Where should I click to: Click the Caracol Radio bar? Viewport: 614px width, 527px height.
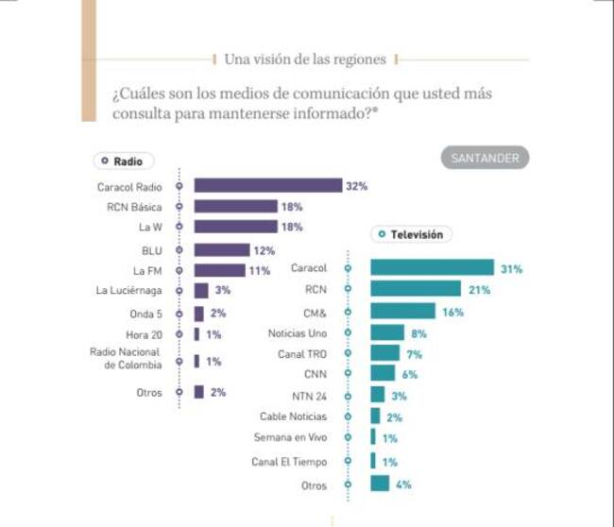tap(267, 186)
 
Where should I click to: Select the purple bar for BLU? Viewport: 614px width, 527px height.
tap(220, 250)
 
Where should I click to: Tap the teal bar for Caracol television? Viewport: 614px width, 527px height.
tap(432, 268)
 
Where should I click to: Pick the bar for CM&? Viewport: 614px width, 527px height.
tap(402, 311)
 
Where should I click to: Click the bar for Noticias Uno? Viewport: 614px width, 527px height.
tap(387, 332)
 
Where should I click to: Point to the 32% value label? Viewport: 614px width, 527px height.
tap(356, 186)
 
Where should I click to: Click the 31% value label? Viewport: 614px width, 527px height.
tap(511, 269)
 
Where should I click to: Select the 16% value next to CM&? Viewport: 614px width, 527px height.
tap(452, 311)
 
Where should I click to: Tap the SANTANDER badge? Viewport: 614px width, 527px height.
tap(485, 159)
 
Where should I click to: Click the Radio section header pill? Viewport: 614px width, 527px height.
tap(124, 161)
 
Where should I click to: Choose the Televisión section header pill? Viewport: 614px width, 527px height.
tap(411, 233)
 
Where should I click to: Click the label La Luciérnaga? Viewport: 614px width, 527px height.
tap(133, 290)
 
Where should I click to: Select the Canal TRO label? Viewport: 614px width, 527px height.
tap(302, 354)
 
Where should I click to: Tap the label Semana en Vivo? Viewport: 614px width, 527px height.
tap(290, 437)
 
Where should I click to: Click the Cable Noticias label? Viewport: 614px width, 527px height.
tap(293, 416)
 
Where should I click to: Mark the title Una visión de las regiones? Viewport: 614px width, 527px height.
tap(305, 59)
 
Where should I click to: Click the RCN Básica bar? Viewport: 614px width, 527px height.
tap(235, 206)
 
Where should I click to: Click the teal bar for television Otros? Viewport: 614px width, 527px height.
tap(380, 484)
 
